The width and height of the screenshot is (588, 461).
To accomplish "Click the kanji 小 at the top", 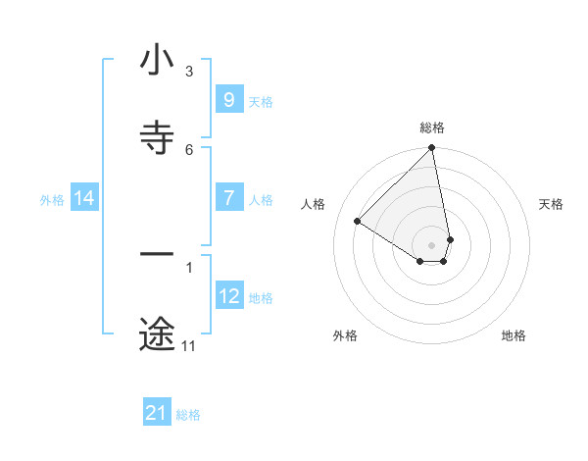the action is click(157, 61).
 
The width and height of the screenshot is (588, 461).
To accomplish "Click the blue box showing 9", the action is click(228, 100).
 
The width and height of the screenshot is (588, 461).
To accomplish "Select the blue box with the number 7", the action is click(228, 198).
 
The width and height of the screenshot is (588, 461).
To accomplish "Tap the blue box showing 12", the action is click(228, 296).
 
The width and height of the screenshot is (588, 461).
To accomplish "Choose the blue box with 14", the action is click(84, 198).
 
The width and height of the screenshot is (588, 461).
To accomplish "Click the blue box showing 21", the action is click(157, 413).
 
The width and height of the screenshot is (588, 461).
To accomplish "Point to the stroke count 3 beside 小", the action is click(189, 72).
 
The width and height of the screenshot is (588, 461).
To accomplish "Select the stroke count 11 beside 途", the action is click(188, 346).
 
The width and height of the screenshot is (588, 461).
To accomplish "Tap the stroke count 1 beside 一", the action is click(189, 266).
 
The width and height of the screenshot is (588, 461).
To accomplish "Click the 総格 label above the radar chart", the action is click(432, 128).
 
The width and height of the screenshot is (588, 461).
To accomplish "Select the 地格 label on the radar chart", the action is click(514, 335).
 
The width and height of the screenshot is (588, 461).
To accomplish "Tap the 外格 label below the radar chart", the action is click(345, 335).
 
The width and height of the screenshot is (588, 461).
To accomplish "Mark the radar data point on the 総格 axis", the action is click(431, 149).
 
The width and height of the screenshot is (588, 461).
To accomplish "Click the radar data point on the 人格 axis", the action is click(358, 222).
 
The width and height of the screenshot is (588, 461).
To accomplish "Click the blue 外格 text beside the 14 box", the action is click(52, 199).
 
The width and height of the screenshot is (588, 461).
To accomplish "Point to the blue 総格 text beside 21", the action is click(188, 415).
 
